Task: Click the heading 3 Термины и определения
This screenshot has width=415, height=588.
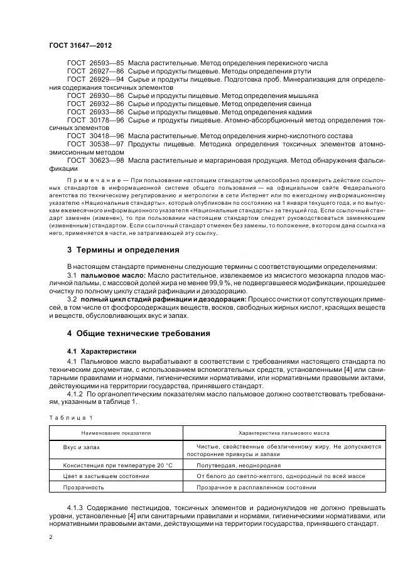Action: tap(124, 250)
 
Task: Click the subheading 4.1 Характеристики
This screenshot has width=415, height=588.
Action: tap(102, 351)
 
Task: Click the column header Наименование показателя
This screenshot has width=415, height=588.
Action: tap(116, 433)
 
